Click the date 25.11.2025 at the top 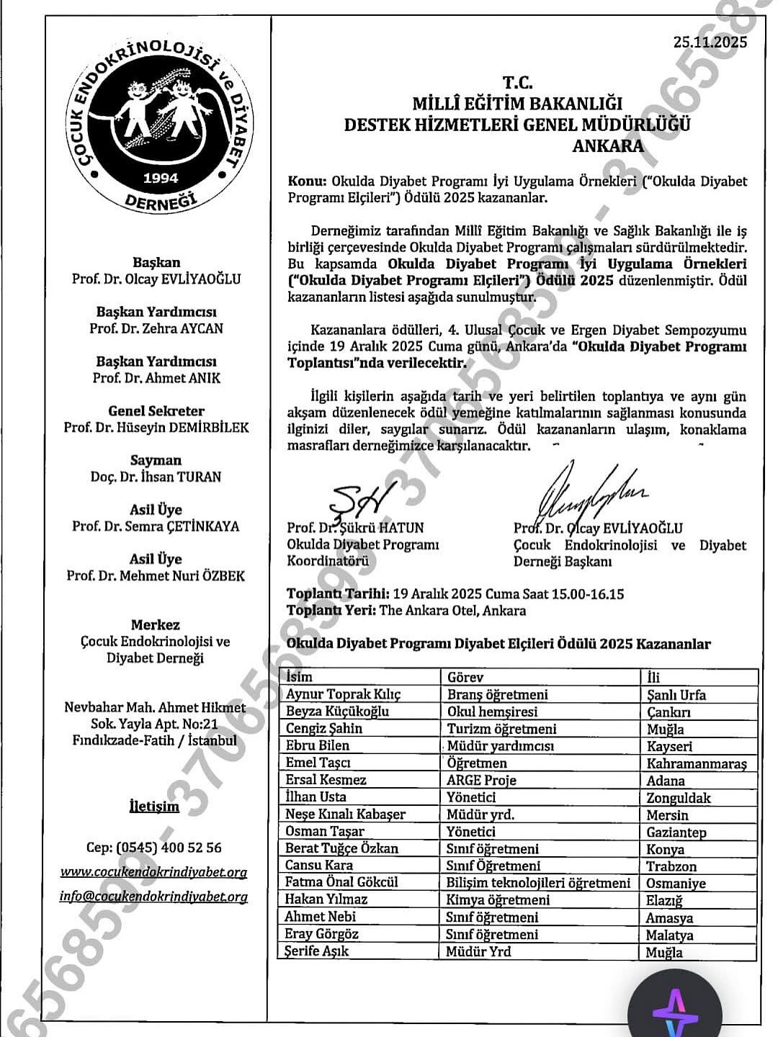(710, 42)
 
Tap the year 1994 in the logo (161, 178)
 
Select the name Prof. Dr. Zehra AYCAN (156, 328)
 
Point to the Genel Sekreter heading (156, 411)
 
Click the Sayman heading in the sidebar (156, 460)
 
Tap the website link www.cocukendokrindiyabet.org (153, 872)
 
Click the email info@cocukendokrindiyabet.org (153, 897)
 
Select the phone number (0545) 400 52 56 (154, 848)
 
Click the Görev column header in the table (465, 678)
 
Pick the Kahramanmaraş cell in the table (697, 763)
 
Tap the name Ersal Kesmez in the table (326, 780)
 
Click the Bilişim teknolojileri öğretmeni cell (538, 883)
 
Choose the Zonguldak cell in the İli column (679, 798)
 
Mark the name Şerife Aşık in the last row (317, 951)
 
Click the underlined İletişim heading (154, 806)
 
